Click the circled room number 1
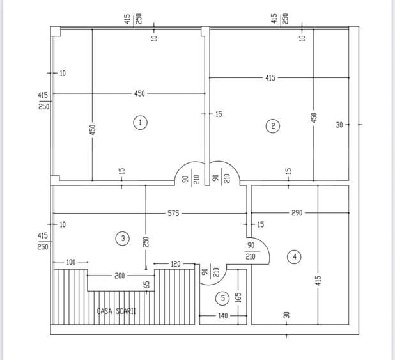(x=141, y=123)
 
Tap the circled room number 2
(x=273, y=125)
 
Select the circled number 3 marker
(x=123, y=239)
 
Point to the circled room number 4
(x=294, y=257)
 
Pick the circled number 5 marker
(x=222, y=299)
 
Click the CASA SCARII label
(x=116, y=311)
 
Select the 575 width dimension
(x=173, y=214)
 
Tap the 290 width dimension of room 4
(x=297, y=213)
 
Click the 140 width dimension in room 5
(x=222, y=316)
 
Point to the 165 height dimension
(x=238, y=297)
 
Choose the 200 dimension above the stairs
(x=120, y=276)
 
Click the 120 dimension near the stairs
(x=175, y=264)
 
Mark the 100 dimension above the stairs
(x=71, y=262)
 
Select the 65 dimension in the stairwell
(x=146, y=285)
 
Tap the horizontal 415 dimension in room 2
(x=270, y=77)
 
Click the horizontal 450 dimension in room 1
(x=139, y=93)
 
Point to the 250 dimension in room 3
(x=146, y=242)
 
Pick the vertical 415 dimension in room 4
(x=318, y=280)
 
